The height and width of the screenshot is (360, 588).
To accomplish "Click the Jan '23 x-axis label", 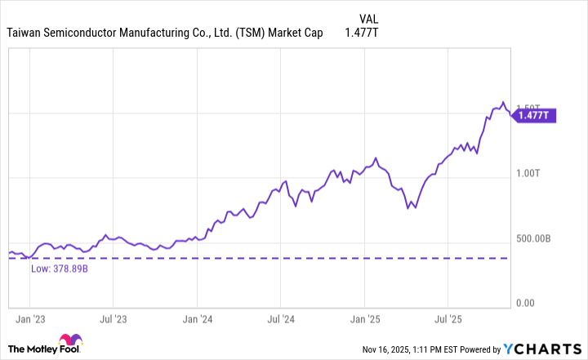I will [31, 318].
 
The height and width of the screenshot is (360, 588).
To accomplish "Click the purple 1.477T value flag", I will [535, 116].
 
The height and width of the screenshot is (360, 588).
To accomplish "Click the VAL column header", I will [369, 18].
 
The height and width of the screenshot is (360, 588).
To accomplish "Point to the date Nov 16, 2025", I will [390, 350].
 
